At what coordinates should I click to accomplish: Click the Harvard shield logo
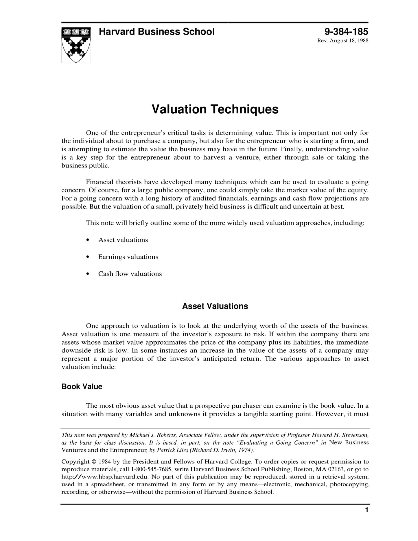[76, 45]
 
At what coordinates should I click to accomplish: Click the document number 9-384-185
[346, 32]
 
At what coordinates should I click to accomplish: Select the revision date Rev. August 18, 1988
[343, 41]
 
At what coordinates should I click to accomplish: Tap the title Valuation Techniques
[215, 109]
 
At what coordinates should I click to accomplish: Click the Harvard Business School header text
[156, 32]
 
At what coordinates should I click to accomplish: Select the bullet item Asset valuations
[123, 240]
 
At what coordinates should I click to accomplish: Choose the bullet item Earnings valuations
[128, 257]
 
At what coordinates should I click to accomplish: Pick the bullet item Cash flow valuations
[130, 274]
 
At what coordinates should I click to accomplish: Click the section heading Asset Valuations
[215, 306]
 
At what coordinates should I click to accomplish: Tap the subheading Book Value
[82, 387]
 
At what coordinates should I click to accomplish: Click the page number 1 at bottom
[367, 510]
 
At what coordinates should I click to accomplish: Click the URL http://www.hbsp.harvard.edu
[105, 477]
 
